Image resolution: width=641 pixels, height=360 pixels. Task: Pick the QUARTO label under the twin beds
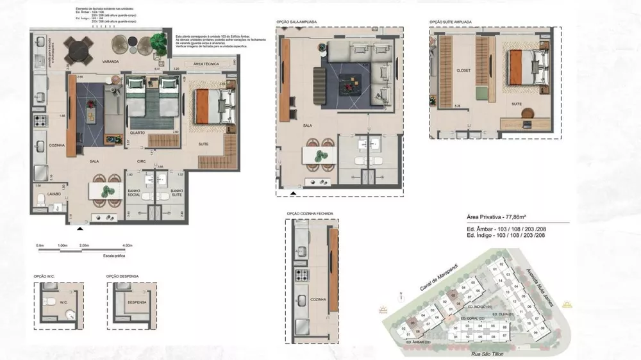[x=138, y=133]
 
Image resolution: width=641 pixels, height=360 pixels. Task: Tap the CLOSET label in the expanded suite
[x=463, y=70]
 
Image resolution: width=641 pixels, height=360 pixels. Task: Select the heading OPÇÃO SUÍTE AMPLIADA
[x=450, y=22]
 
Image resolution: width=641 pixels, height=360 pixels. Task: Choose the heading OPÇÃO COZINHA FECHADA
[x=310, y=213]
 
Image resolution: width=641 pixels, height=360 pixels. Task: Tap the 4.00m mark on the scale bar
[x=128, y=245]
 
